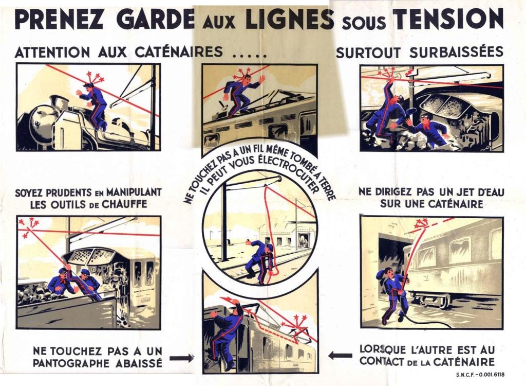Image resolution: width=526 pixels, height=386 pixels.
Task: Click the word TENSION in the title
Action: click(448, 19)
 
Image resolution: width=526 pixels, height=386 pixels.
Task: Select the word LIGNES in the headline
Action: click(290, 19)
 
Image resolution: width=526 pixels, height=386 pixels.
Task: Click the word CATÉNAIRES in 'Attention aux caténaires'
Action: click(179, 52)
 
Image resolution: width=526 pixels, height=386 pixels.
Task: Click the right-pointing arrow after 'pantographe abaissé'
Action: click(181, 358)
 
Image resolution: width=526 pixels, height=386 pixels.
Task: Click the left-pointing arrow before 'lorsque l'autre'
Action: click(340, 355)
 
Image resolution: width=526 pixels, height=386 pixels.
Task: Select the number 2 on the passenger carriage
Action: click(426, 278)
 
